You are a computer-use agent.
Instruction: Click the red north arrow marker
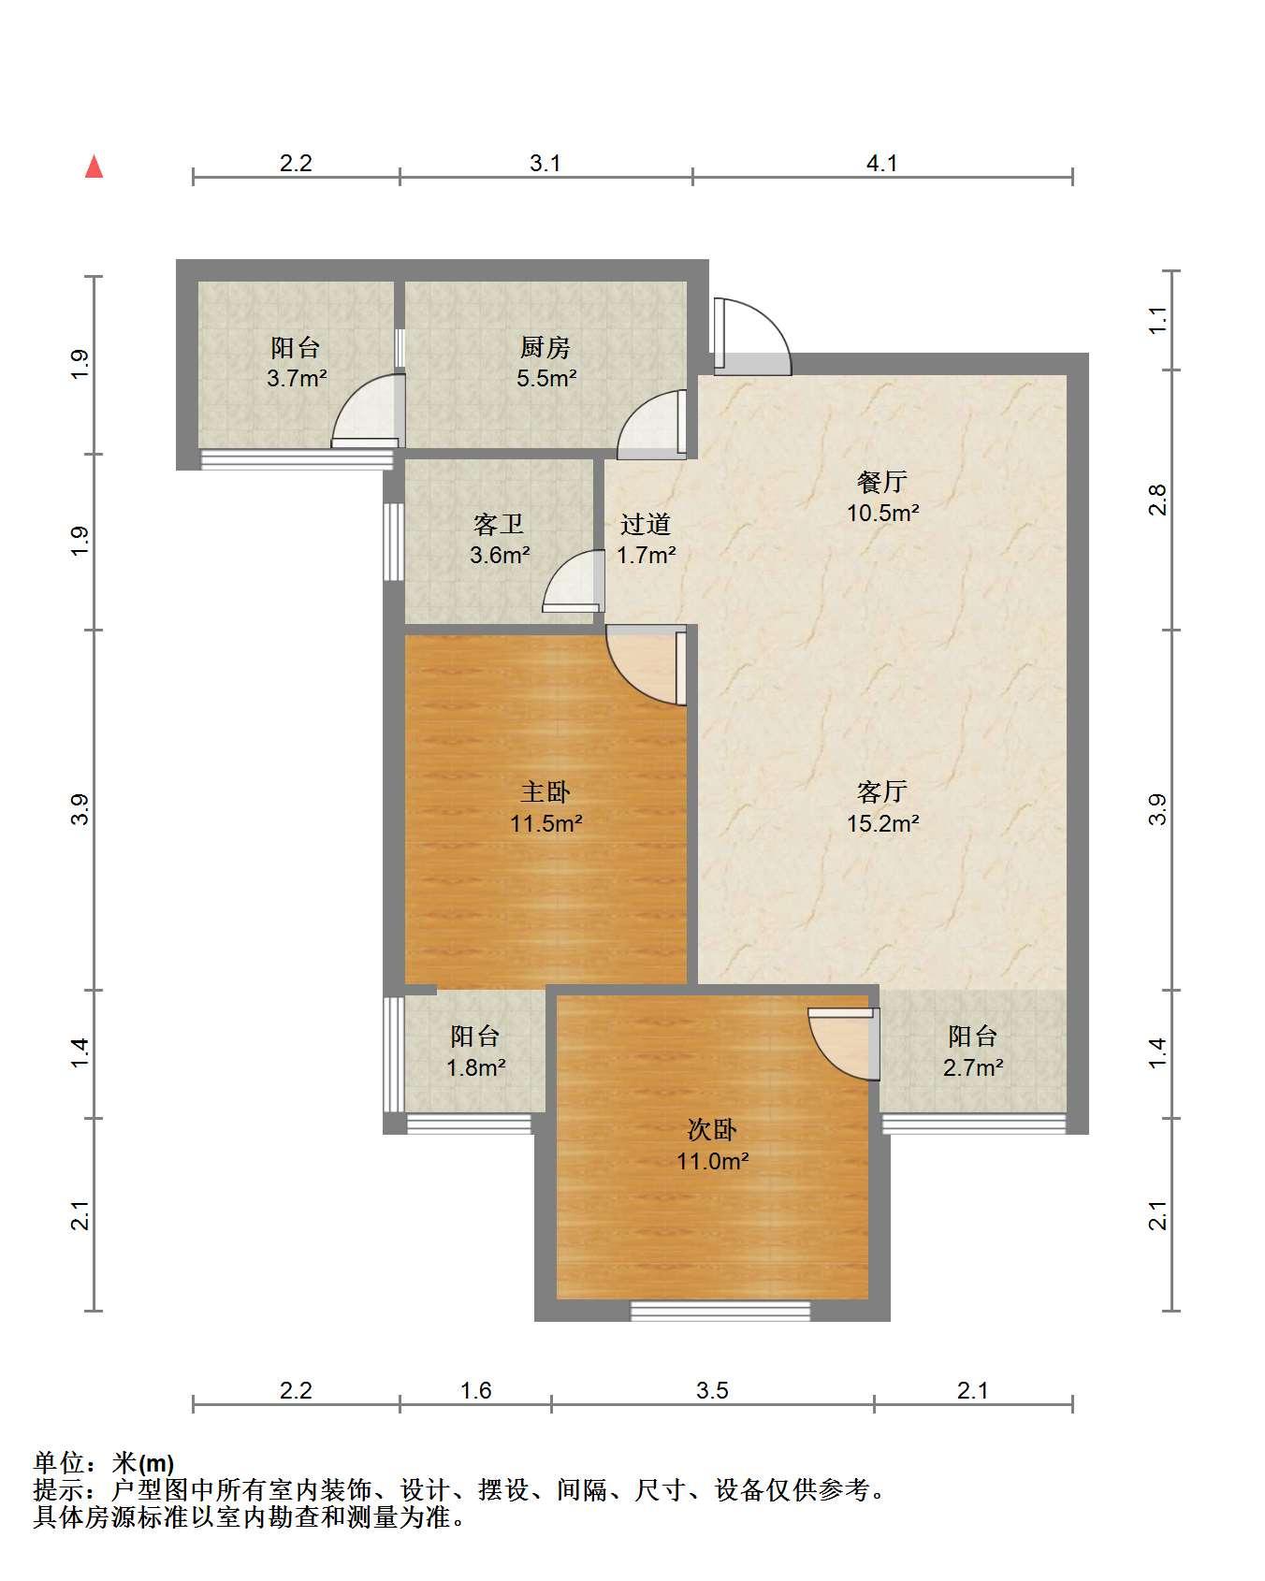pos(94,167)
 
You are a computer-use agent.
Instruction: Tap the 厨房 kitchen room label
pos(545,348)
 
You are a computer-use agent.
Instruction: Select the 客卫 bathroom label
pos(499,524)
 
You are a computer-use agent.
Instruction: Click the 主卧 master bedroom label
pos(545,792)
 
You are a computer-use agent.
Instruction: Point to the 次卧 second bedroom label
pos(712,1130)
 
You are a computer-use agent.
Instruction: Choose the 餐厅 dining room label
pos(882,482)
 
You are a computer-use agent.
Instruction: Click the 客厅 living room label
pos(882,792)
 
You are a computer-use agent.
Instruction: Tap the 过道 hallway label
pos(646,524)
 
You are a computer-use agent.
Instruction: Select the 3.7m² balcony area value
pos(296,379)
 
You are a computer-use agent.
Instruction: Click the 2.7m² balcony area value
pos(973,1067)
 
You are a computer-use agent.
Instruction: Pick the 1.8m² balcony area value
pos(476,1067)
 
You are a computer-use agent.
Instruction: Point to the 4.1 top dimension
pos(882,164)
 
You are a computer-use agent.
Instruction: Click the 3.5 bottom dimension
pos(712,1391)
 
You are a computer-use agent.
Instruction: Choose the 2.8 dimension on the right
pos(1158,500)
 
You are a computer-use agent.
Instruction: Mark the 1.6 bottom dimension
pos(475,1391)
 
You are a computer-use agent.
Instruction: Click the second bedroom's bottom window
pos(720,1311)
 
